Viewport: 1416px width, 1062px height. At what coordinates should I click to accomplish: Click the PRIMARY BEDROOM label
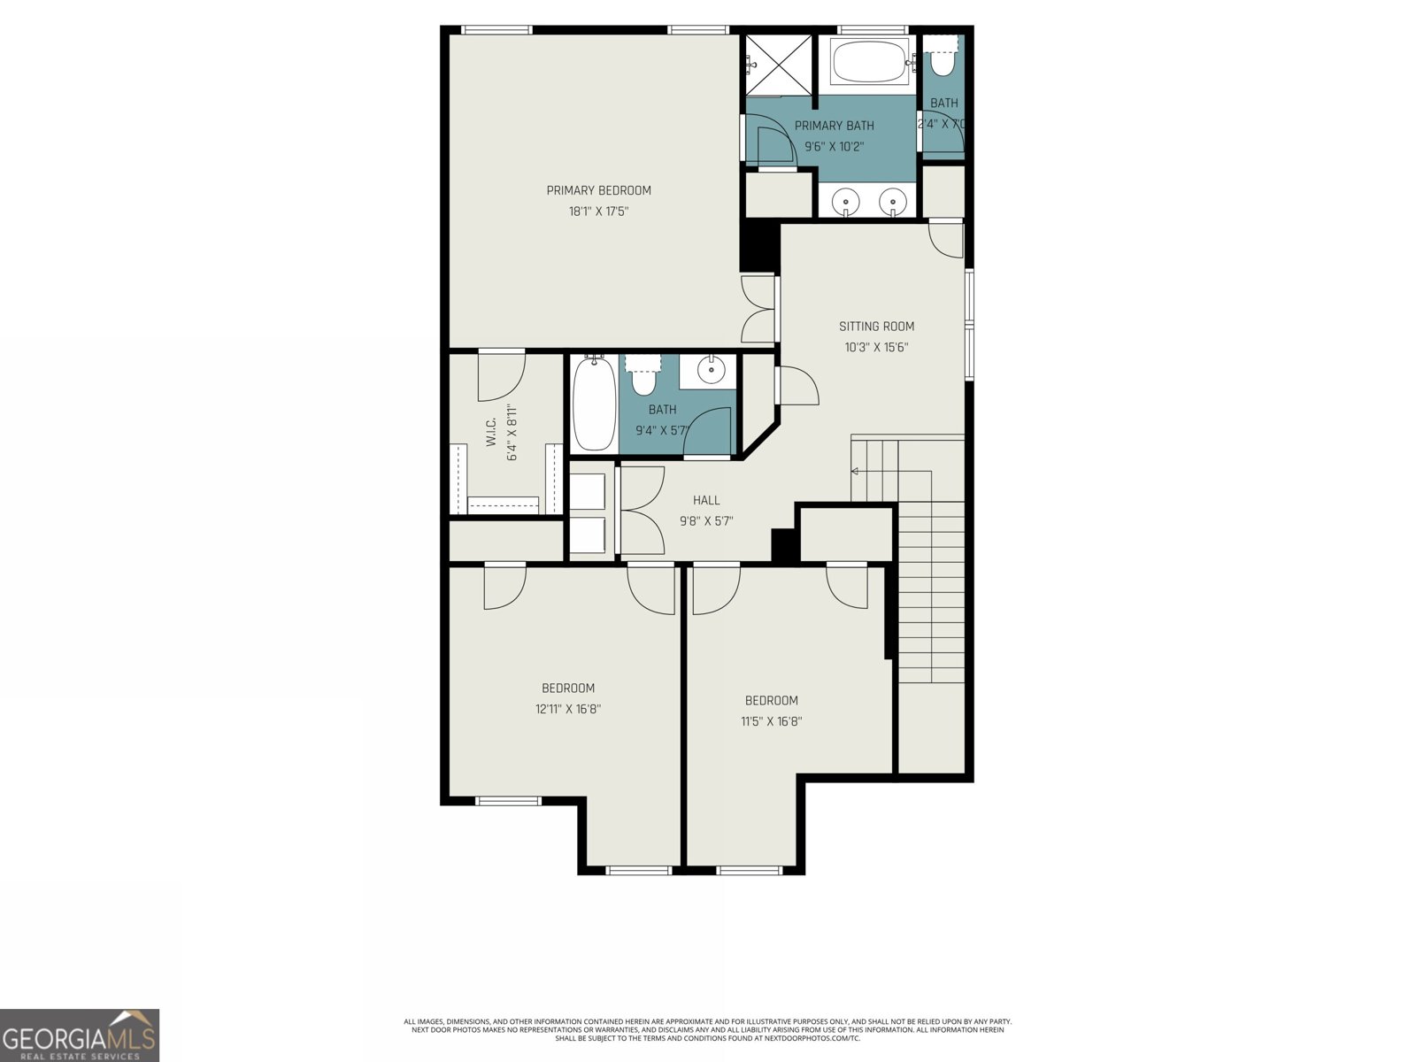point(598,190)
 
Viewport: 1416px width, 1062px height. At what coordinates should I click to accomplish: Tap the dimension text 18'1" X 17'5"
point(598,212)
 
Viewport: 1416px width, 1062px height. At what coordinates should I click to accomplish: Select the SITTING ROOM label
point(876,326)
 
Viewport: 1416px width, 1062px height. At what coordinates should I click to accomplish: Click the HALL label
point(705,500)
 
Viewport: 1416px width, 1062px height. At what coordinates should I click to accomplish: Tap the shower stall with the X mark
point(778,64)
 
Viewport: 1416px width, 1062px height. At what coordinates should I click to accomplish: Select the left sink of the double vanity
point(847,203)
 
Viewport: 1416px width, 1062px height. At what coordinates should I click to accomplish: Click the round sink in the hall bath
point(711,370)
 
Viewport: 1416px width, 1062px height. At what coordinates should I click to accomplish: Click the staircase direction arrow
point(856,471)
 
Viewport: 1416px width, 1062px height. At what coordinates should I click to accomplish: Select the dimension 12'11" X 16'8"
point(568,709)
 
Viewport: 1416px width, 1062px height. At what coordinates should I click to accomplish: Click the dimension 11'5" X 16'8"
point(771,721)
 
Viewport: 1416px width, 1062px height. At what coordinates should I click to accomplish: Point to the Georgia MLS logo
point(80,1035)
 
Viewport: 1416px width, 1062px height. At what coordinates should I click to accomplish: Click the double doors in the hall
point(643,511)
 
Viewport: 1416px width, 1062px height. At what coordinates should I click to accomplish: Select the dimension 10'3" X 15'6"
point(876,348)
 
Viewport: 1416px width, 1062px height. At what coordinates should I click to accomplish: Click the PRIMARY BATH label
point(834,126)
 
